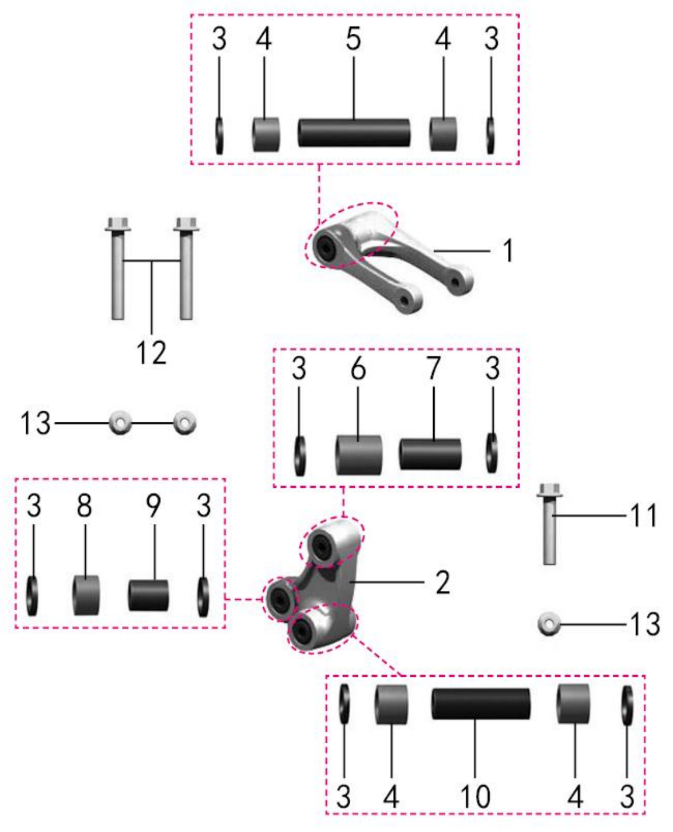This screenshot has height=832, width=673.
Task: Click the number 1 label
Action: click(508, 250)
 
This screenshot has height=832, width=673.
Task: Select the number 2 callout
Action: click(443, 582)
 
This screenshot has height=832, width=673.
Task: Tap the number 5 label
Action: click(353, 39)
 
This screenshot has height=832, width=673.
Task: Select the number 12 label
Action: click(152, 352)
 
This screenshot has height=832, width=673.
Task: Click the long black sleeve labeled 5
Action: click(354, 133)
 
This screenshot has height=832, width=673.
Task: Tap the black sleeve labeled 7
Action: click(430, 455)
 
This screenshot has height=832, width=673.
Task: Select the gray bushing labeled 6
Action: click(359, 456)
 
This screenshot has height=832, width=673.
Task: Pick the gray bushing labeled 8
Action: click(86, 595)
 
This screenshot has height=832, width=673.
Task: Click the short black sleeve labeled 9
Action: click(148, 595)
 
